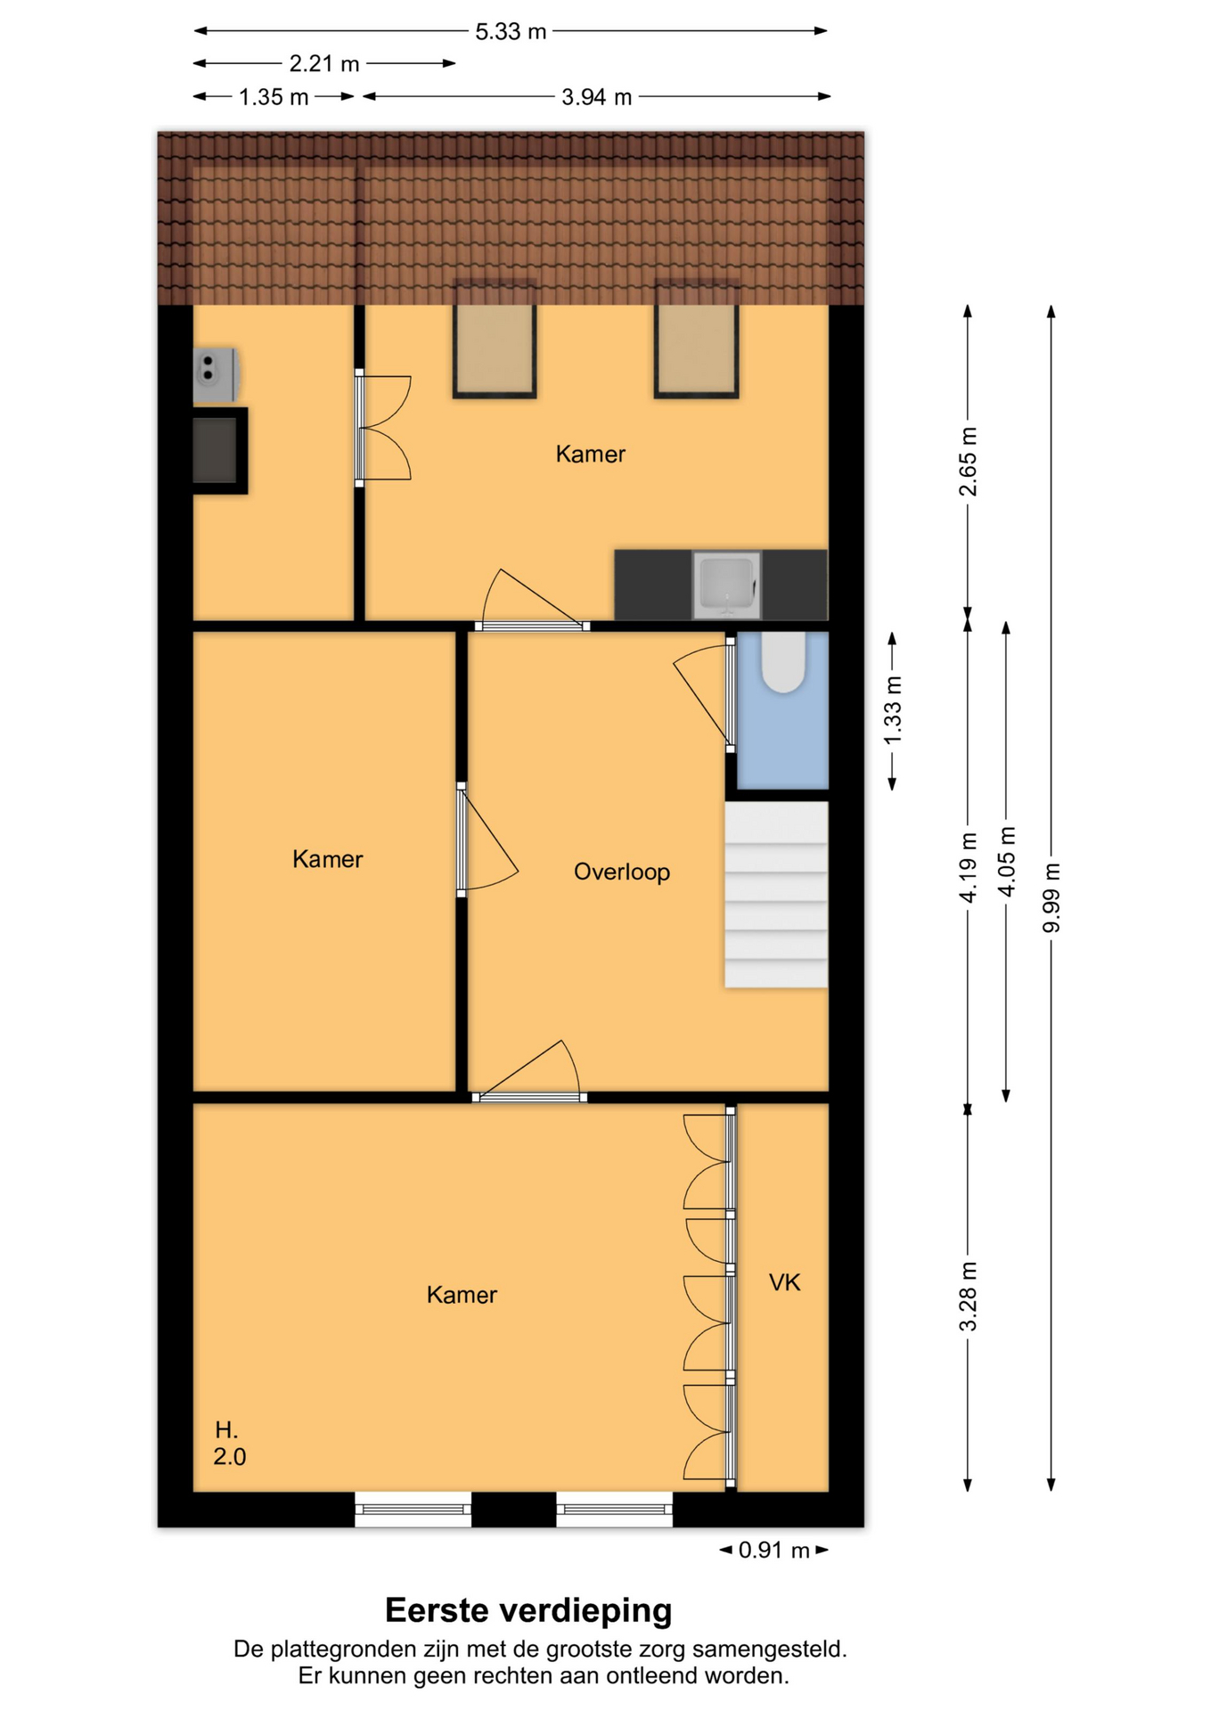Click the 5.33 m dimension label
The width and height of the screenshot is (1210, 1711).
point(511,31)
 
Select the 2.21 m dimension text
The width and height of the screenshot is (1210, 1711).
point(324,64)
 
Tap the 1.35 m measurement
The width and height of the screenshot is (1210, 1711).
point(274,97)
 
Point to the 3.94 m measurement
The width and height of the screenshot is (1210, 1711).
point(597,97)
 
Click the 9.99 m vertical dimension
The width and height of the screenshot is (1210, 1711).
point(1052,898)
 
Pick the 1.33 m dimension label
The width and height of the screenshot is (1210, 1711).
point(893,710)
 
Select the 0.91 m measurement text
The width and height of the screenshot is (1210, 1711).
point(774,1551)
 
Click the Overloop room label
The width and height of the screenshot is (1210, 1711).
point(622,872)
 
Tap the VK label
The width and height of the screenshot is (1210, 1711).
point(785,1282)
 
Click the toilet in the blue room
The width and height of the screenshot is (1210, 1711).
point(783,662)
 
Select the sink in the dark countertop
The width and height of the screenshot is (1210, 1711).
point(727,585)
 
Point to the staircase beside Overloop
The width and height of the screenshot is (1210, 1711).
point(776,895)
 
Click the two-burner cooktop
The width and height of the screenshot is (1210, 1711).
point(216,374)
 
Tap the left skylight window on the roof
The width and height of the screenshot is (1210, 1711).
point(495,339)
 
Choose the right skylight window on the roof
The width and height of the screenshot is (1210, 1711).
point(697,339)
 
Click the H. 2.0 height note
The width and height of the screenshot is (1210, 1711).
point(230,1444)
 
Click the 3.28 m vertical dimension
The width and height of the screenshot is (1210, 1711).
point(969,1297)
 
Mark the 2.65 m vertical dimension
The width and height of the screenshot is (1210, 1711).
point(969,462)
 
